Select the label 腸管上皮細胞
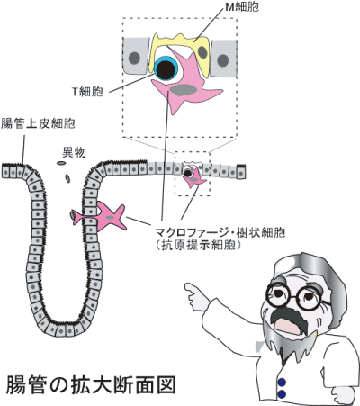37,122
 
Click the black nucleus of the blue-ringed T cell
165,68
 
